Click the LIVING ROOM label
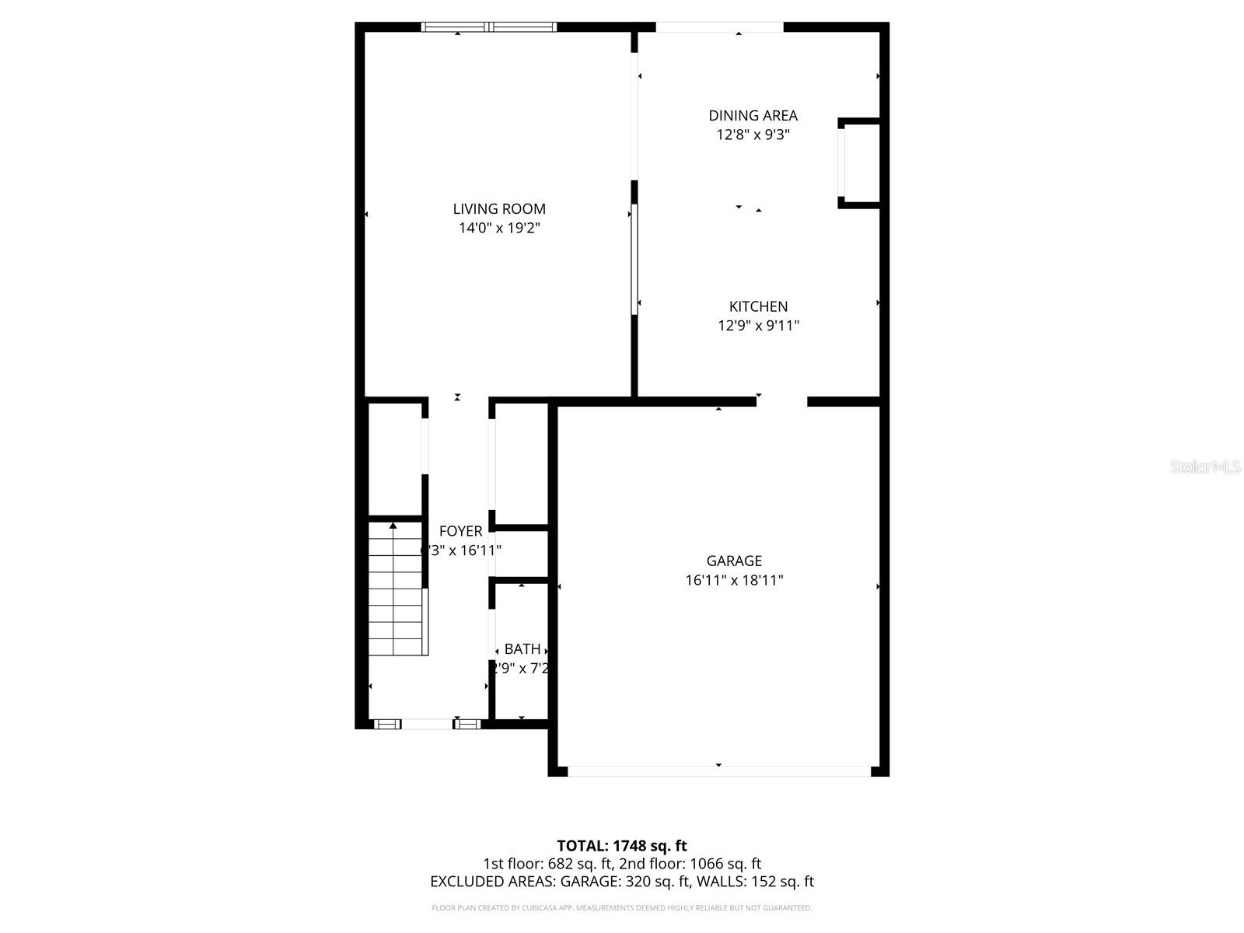click(499, 209)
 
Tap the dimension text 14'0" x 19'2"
click(499, 228)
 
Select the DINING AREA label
click(753, 116)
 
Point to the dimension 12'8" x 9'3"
click(753, 135)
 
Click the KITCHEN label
click(758, 307)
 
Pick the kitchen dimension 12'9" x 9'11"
click(758, 326)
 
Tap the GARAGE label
click(734, 561)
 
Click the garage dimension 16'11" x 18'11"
click(734, 580)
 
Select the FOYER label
click(460, 531)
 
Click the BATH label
click(522, 649)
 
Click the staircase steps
click(395, 599)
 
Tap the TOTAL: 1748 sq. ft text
click(622, 846)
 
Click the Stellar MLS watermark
click(1204, 466)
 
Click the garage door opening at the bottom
click(719, 771)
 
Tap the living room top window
click(489, 27)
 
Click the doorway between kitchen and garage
click(781, 401)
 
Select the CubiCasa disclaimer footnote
click(622, 908)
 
